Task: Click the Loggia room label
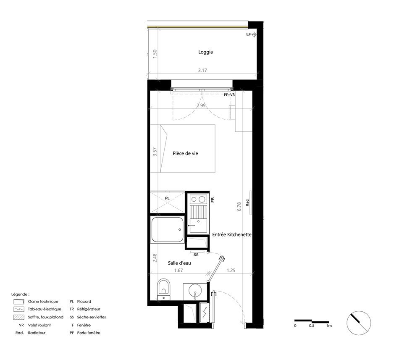coord(205,52)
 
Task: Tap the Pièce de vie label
coord(185,153)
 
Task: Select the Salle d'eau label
coord(179,263)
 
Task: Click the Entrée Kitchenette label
coord(232,235)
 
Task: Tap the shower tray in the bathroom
coord(168,230)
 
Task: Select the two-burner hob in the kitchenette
coord(198,199)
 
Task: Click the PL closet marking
coord(167,198)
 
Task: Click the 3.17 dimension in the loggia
coord(202,71)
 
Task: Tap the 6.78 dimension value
coord(239,207)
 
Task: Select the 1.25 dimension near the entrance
coord(231,271)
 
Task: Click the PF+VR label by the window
coord(229,95)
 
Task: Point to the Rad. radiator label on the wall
coord(247,202)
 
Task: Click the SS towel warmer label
coord(196,255)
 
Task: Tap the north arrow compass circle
coord(359,323)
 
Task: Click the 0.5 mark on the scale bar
coord(312,326)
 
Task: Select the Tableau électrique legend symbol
coord(19,309)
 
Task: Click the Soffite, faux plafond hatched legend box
coord(19,317)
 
